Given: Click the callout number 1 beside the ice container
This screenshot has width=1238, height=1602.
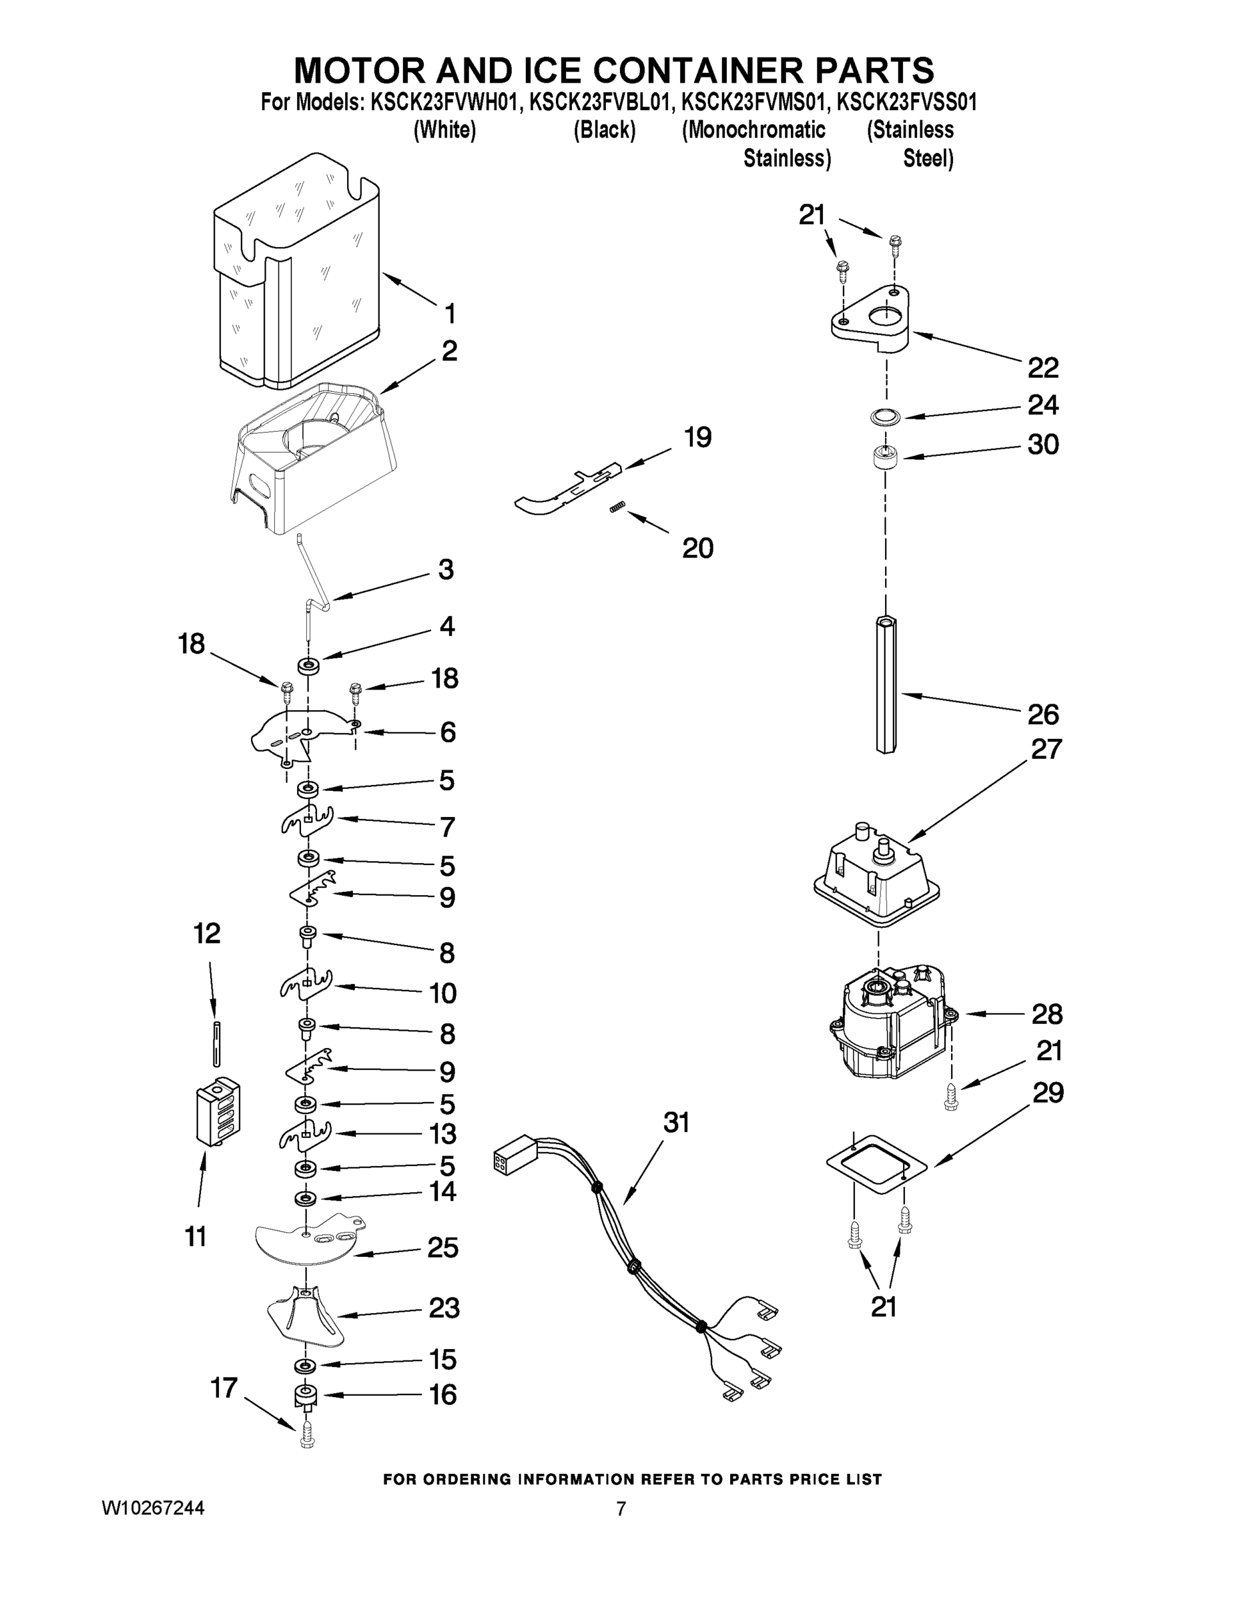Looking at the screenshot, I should click(x=450, y=314).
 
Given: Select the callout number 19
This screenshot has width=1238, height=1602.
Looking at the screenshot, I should click(x=697, y=438).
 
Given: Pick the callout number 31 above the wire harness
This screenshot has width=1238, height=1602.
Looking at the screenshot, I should click(x=676, y=1123).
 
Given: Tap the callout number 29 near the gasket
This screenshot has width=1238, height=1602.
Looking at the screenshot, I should click(x=1048, y=1093).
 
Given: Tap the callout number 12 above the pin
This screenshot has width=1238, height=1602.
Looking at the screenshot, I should click(x=207, y=934).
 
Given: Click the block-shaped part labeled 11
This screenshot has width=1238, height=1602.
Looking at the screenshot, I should click(x=218, y=1111).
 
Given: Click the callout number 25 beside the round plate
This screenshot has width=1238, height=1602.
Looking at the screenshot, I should click(x=443, y=1248).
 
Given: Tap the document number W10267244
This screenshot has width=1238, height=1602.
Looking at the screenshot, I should click(x=153, y=1508).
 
